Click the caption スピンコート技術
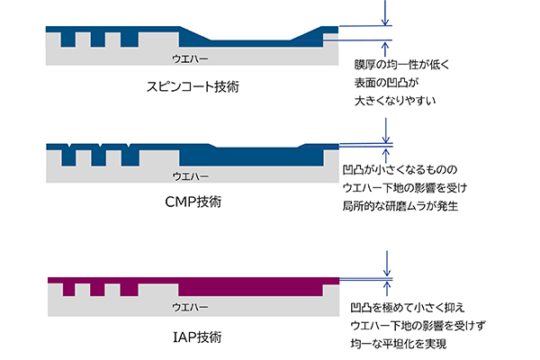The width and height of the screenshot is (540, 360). click(196, 87)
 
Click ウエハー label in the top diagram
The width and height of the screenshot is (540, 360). click(191, 58)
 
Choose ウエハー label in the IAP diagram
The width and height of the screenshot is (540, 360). click(191, 307)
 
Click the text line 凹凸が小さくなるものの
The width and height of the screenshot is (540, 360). click(400, 169)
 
